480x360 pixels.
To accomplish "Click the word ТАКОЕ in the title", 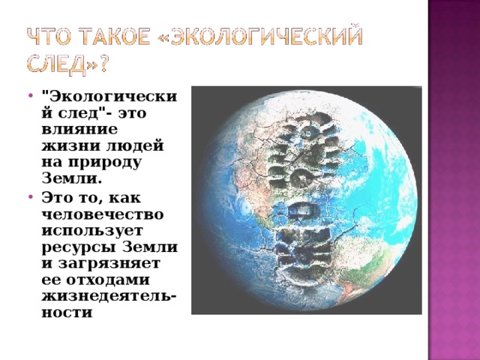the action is click(116, 37).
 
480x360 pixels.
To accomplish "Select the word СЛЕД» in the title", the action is click(61, 64).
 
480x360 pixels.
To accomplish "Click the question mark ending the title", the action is click(104, 64).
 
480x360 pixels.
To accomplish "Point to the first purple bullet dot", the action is click(30, 95).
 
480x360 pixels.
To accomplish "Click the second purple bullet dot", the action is click(30, 196).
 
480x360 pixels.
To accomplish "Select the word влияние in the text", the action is click(79, 130).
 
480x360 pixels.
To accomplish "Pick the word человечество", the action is click(103, 214).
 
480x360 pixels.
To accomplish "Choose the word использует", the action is click(92, 231).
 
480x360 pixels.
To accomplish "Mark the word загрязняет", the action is click(109, 264).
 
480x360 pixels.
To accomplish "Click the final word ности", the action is click(67, 313).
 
